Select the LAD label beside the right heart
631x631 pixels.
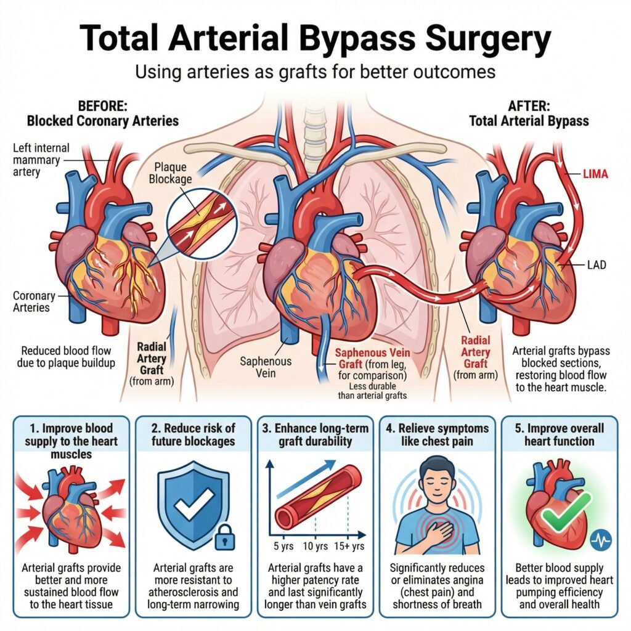coord(595,266)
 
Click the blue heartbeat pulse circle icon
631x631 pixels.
coord(600,540)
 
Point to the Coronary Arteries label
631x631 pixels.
coord(35,302)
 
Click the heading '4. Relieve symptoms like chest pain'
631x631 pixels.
coord(438,435)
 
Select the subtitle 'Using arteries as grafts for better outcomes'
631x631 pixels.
coord(315,71)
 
